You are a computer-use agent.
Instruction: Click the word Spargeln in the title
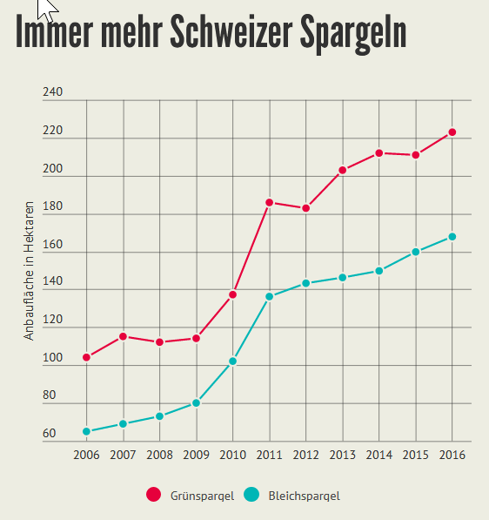tap(353, 33)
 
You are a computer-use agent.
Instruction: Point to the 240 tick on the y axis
tap(53, 92)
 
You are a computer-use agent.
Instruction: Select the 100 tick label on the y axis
tap(53, 358)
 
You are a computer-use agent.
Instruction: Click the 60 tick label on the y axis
tap(50, 434)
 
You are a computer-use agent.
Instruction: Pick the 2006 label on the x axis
tap(86, 456)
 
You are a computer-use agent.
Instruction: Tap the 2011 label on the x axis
tap(269, 456)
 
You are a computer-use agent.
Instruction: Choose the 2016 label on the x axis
tap(452, 456)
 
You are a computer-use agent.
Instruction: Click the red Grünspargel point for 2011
tap(269, 202)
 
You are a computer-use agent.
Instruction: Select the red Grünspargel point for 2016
tap(452, 132)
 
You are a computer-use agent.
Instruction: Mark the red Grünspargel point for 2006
tap(86, 357)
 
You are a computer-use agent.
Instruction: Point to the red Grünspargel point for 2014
tap(378, 153)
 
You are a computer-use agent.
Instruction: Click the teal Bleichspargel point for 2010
tap(232, 361)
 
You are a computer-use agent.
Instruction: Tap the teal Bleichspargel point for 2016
tap(452, 237)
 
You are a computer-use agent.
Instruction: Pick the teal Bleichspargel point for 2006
tap(86, 431)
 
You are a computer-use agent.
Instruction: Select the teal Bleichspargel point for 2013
tap(342, 277)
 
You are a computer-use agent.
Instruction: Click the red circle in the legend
tap(154, 495)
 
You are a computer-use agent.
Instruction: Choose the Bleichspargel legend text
tap(304, 496)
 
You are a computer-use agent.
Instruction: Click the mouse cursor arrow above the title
tap(47, 9)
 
